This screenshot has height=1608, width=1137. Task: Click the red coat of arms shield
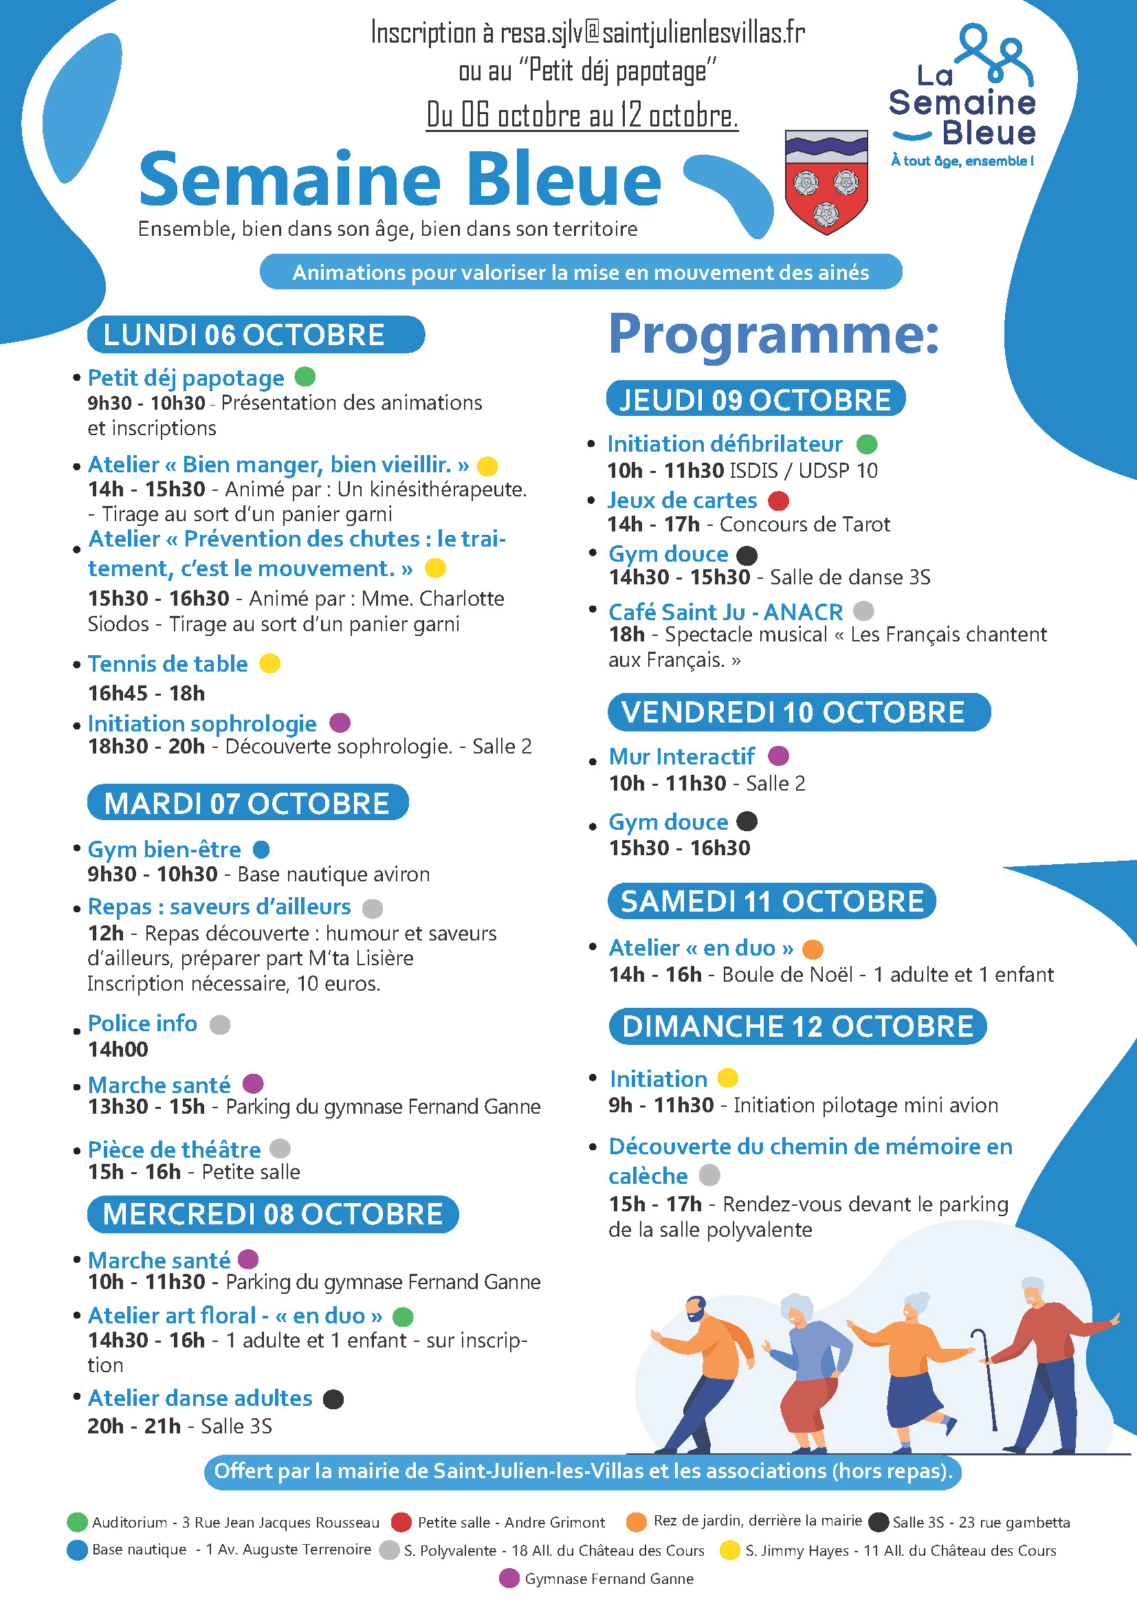coord(826,182)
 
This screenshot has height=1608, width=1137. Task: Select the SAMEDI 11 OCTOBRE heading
coord(771,901)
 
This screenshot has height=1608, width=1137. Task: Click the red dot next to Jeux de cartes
coord(779,500)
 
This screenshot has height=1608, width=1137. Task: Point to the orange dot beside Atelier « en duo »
coord(812,949)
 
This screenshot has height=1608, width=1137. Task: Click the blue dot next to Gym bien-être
coord(261,850)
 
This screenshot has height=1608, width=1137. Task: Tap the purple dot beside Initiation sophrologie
coord(340,722)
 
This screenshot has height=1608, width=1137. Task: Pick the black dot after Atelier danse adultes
coord(333,1399)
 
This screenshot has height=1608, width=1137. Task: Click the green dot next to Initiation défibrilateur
coord(867,444)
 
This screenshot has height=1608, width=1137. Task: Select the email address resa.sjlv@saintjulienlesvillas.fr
coord(652,33)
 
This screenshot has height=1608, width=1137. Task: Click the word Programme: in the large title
coord(773,335)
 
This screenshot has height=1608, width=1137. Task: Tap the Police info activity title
coord(142,1024)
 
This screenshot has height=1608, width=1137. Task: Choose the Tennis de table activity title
coord(167,664)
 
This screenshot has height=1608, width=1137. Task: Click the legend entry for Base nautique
coord(219,1550)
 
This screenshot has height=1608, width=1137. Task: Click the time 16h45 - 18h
coord(146,694)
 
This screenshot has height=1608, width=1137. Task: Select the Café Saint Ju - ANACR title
coord(725,612)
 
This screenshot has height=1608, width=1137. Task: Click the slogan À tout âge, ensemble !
coord(962,161)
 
